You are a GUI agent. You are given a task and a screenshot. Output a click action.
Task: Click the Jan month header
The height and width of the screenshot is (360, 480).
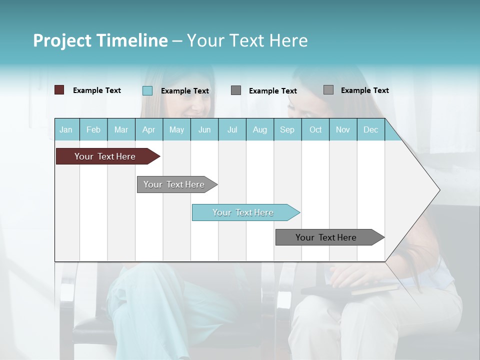point(66,129)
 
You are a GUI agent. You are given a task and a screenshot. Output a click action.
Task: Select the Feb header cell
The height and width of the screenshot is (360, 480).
point(93,129)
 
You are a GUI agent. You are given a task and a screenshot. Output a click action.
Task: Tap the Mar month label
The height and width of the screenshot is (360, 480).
point(121,129)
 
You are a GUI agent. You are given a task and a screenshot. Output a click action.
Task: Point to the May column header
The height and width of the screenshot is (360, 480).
point(176,129)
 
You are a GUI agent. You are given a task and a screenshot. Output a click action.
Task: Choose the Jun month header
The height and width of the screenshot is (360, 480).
point(204,129)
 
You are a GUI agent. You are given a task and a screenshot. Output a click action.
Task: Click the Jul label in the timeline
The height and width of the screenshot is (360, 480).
point(232,129)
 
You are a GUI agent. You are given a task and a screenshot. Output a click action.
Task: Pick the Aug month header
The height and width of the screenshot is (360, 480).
point(260,129)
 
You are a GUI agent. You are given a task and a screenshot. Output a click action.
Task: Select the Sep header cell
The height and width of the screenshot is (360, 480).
point(287,129)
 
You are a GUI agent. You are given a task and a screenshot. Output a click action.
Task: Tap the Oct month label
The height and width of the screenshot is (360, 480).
point(315,129)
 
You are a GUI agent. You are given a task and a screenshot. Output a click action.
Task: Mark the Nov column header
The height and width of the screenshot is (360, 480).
point(343,129)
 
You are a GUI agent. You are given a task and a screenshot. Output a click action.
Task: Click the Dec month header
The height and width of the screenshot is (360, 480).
point(371,129)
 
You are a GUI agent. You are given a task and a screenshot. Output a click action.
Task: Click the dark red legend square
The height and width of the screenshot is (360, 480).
point(59,90)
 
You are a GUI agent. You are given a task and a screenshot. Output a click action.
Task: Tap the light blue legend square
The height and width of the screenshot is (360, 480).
point(147,90)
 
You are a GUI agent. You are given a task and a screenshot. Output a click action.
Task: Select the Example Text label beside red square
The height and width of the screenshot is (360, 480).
point(97,90)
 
